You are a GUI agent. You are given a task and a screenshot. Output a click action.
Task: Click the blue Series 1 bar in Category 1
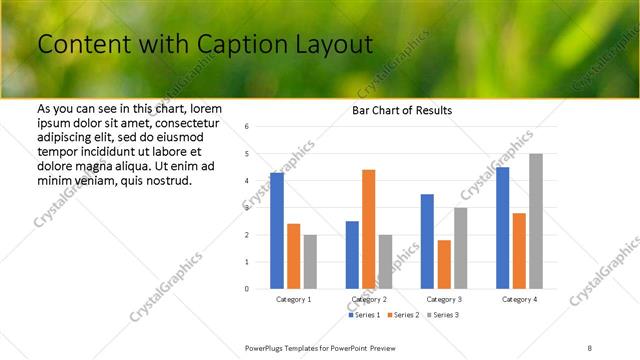pos(277,230)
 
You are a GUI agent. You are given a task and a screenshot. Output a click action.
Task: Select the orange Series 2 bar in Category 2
pos(369,229)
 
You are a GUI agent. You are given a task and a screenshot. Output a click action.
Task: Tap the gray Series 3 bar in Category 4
pos(536,221)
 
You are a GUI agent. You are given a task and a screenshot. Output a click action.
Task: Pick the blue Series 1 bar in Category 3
pos(427,241)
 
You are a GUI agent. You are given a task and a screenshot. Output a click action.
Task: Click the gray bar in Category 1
pos(310,261)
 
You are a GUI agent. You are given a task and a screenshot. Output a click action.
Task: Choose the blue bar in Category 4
pos(502,227)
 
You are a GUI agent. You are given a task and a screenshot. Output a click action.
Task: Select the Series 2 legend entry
pos(402,315)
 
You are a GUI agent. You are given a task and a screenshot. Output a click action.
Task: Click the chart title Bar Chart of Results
pos(402,110)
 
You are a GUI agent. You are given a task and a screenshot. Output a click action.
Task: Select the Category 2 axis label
pos(369,299)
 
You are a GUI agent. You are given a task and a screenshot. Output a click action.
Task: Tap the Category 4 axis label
pos(519,299)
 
